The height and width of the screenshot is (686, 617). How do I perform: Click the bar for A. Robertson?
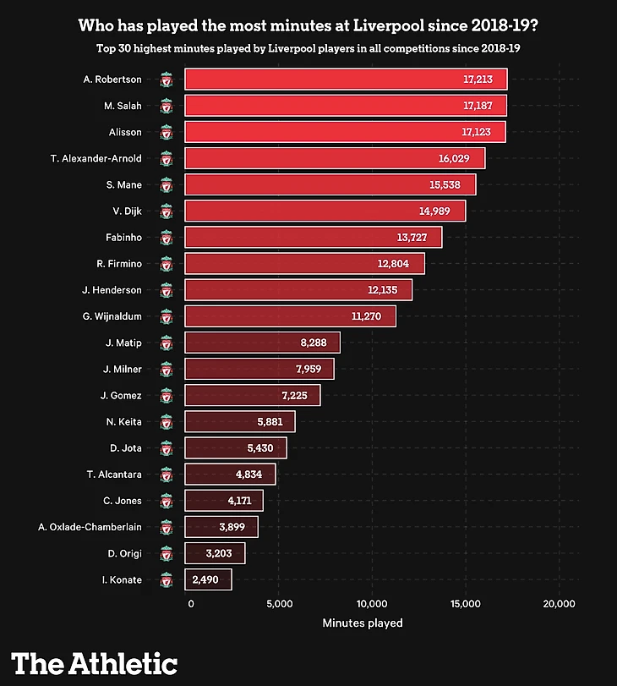346,80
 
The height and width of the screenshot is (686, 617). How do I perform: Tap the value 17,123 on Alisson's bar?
479,132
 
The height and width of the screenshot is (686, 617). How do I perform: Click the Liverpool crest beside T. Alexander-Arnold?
167,158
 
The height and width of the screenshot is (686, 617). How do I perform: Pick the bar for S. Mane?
330,184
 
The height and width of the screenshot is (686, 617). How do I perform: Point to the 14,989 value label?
440,211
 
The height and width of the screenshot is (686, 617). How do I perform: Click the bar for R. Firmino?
304,264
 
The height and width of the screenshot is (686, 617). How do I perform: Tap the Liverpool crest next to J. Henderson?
167,290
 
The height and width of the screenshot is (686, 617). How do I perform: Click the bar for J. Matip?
262,343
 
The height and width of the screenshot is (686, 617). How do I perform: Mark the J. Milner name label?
123,369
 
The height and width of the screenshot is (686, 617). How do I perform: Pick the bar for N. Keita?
240,421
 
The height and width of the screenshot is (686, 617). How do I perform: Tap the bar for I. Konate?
208,579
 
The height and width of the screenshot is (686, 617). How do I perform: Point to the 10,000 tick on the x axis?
372,603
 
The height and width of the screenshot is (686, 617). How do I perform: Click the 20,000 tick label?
559,603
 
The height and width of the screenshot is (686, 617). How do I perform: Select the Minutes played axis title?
363,623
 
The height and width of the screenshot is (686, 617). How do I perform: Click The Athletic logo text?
95,662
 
